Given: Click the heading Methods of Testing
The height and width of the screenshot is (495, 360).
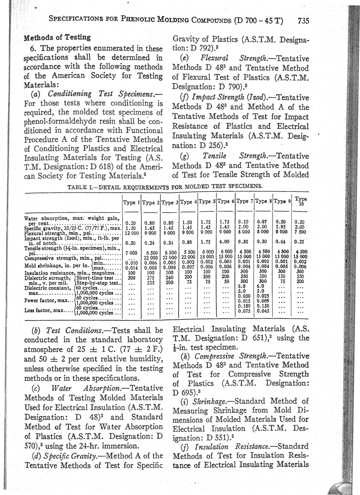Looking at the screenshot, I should (57, 37).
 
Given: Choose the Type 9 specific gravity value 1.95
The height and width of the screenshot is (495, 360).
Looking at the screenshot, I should (281, 226).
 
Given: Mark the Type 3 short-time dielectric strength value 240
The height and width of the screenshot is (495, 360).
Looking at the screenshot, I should (169, 277).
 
